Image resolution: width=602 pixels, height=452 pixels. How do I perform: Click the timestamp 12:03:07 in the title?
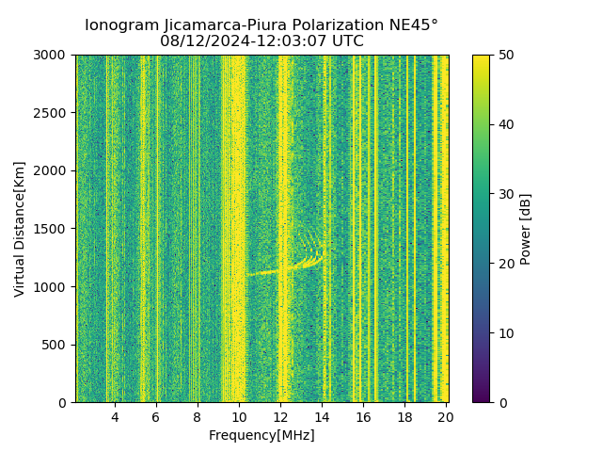tap(280, 41)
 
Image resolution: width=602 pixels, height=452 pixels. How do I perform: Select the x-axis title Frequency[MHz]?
tap(261, 435)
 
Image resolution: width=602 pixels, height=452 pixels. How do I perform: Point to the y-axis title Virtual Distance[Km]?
tap(20, 229)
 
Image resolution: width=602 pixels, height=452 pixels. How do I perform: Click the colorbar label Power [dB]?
tap(526, 229)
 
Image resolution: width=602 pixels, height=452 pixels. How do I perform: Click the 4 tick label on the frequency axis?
tap(115, 416)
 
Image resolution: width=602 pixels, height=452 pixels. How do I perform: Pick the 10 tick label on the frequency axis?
tap(239, 416)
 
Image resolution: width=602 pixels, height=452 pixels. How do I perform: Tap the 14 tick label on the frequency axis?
tap(322, 416)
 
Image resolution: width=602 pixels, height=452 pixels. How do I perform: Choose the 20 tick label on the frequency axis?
tap(446, 416)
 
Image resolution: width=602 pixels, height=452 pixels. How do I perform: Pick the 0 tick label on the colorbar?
tap(500, 402)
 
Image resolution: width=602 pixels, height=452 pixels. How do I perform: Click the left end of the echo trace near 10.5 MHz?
tap(247, 274)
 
